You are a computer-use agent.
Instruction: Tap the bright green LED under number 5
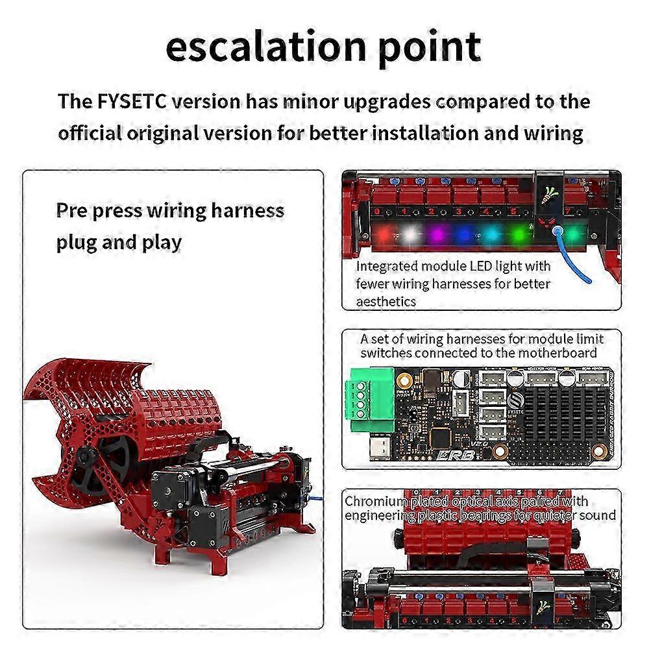point(518,234)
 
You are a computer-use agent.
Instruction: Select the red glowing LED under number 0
point(384,234)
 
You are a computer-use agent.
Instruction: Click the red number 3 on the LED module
point(459,212)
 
